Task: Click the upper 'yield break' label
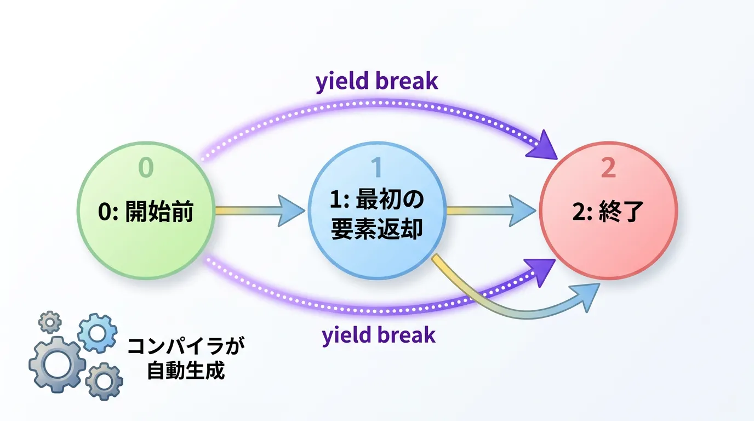[x=376, y=82]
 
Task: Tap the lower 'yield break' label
[x=379, y=335]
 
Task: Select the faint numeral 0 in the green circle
[x=146, y=167]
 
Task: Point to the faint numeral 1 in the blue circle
[x=377, y=167]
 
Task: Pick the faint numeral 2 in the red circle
[x=608, y=167]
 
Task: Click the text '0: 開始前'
[x=146, y=212]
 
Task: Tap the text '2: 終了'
[x=608, y=212]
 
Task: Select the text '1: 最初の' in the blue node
[x=377, y=200]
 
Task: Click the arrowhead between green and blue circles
[x=290, y=210]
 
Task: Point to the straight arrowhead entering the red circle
[x=522, y=210]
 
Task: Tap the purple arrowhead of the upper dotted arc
[x=543, y=146]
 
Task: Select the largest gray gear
[x=57, y=365]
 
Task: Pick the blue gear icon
[x=98, y=333]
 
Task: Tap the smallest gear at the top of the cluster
[x=50, y=322]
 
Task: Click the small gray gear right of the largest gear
[x=104, y=382]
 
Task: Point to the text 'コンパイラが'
[x=186, y=346]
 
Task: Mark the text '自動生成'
[x=186, y=371]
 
